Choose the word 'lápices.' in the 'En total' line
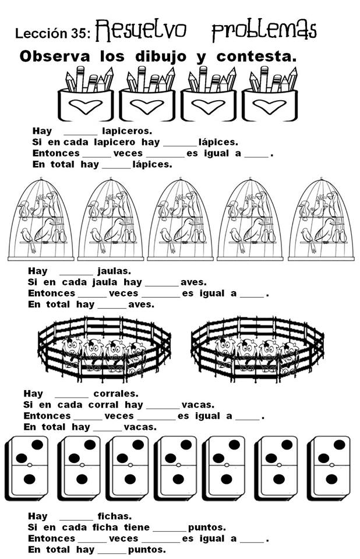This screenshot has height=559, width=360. tap(152, 164)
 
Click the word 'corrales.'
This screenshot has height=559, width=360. tap(116, 393)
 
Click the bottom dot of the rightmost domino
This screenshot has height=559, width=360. tap(331, 480)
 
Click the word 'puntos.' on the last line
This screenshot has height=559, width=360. tap(147, 549)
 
